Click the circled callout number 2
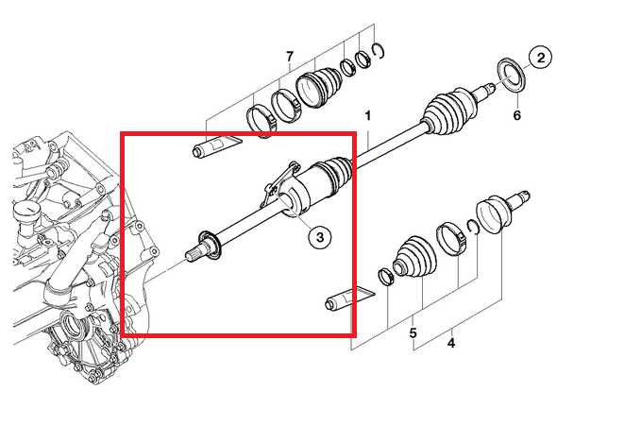coord(540,58)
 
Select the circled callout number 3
coord(320,237)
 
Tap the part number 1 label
coord(368,116)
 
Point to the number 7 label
coord(290,56)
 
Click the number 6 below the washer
coord(517,115)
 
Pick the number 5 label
coord(413,333)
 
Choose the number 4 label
coord(451,343)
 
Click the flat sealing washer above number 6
coord(511,75)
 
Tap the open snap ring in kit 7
coord(380,51)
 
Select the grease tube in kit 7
coord(216,145)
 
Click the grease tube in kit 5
coord(348,299)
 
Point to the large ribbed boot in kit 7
coord(320,87)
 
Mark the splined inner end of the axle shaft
coord(195,253)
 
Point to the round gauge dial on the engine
coord(25,212)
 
